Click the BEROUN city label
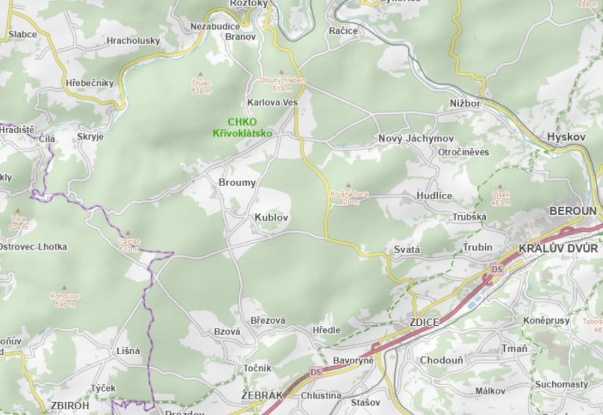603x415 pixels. [x=573, y=211]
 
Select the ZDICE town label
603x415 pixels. [x=424, y=322]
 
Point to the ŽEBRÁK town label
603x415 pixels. [x=262, y=395]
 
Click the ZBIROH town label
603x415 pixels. [x=70, y=405]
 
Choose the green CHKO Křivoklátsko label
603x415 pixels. [x=242, y=128]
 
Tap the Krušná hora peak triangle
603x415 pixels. [x=348, y=185]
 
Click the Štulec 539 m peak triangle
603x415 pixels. [x=201, y=74]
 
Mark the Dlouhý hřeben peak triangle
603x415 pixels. [x=282, y=73]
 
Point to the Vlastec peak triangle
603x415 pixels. [x=128, y=233]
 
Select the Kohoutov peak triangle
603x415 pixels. [x=65, y=287]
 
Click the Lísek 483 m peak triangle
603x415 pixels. [x=500, y=186]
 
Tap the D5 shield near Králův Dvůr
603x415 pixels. [x=497, y=269]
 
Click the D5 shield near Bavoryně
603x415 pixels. [x=316, y=372]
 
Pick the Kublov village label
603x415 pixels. [x=271, y=217]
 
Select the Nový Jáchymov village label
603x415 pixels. [x=416, y=139]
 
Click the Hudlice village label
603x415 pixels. [x=434, y=196]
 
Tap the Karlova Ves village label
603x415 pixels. [x=272, y=102]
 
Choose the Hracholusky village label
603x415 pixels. [x=133, y=40]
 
